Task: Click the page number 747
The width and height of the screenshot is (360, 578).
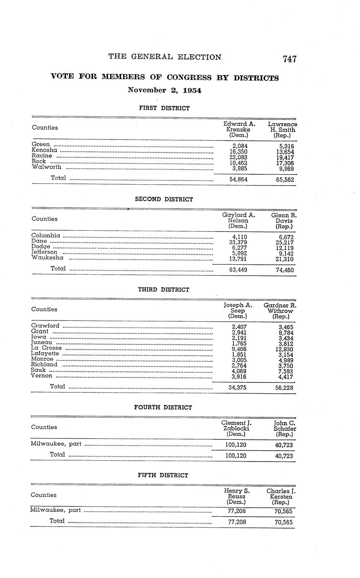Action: coord(290,59)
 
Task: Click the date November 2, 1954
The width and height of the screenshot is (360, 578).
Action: coord(164,90)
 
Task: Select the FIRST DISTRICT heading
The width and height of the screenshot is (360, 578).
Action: coord(164,108)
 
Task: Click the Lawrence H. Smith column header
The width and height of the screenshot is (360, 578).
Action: coord(282,130)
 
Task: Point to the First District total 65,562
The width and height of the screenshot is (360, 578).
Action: coord(285,180)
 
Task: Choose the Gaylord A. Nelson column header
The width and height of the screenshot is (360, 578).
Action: coord(238,221)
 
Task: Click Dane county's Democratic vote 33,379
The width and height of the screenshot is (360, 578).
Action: coord(238,242)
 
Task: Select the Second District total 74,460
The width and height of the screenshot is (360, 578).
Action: coord(285,270)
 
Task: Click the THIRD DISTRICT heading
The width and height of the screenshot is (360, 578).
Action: coord(164,289)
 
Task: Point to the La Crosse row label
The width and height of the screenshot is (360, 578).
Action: coord(46,348)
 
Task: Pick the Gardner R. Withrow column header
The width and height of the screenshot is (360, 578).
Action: coord(280,311)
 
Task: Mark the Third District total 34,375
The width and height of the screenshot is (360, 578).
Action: coord(237,388)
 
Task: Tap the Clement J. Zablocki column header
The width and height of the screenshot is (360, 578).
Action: coord(236,429)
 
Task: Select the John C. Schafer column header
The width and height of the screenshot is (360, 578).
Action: coord(285,429)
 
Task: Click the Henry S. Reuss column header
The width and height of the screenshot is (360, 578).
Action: coord(236,496)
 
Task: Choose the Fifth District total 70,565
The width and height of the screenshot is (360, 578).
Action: coord(284,522)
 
